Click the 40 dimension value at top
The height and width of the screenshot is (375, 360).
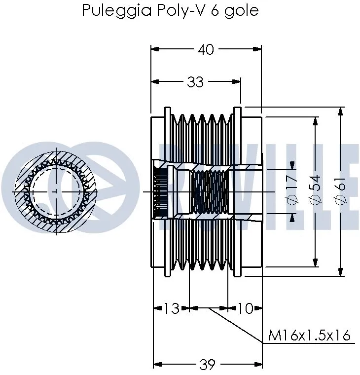206,49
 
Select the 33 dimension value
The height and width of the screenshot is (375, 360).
195,82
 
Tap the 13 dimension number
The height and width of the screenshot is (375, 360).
171,309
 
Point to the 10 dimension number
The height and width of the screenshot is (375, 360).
245,309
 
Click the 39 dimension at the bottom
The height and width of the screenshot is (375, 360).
208,365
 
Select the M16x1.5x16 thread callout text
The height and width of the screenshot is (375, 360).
309,336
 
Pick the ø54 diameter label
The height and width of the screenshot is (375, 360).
315,190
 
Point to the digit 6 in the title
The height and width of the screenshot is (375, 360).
215,11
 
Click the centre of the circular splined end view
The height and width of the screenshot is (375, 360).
55,190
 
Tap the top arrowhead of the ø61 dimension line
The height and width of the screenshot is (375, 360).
340,111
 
